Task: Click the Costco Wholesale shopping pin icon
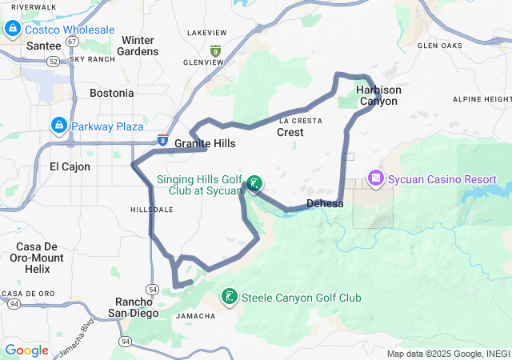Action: coord(13,30)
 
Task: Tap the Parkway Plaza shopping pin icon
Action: coord(58,126)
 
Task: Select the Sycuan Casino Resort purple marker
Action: coord(375,178)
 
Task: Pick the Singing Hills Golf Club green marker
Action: coord(254,185)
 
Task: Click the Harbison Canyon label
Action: coord(378,95)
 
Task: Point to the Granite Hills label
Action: coord(206,144)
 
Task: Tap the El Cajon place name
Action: coord(70,167)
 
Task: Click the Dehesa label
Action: coord(325,204)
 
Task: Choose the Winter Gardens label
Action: coord(138,46)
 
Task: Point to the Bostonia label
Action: coord(111,93)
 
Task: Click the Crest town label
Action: coord(290,133)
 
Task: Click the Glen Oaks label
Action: coord(440,46)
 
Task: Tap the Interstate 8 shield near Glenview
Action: coord(214,50)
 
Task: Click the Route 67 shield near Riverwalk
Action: coord(73,40)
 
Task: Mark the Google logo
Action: coord(27,350)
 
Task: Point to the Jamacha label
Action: coord(194,316)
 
